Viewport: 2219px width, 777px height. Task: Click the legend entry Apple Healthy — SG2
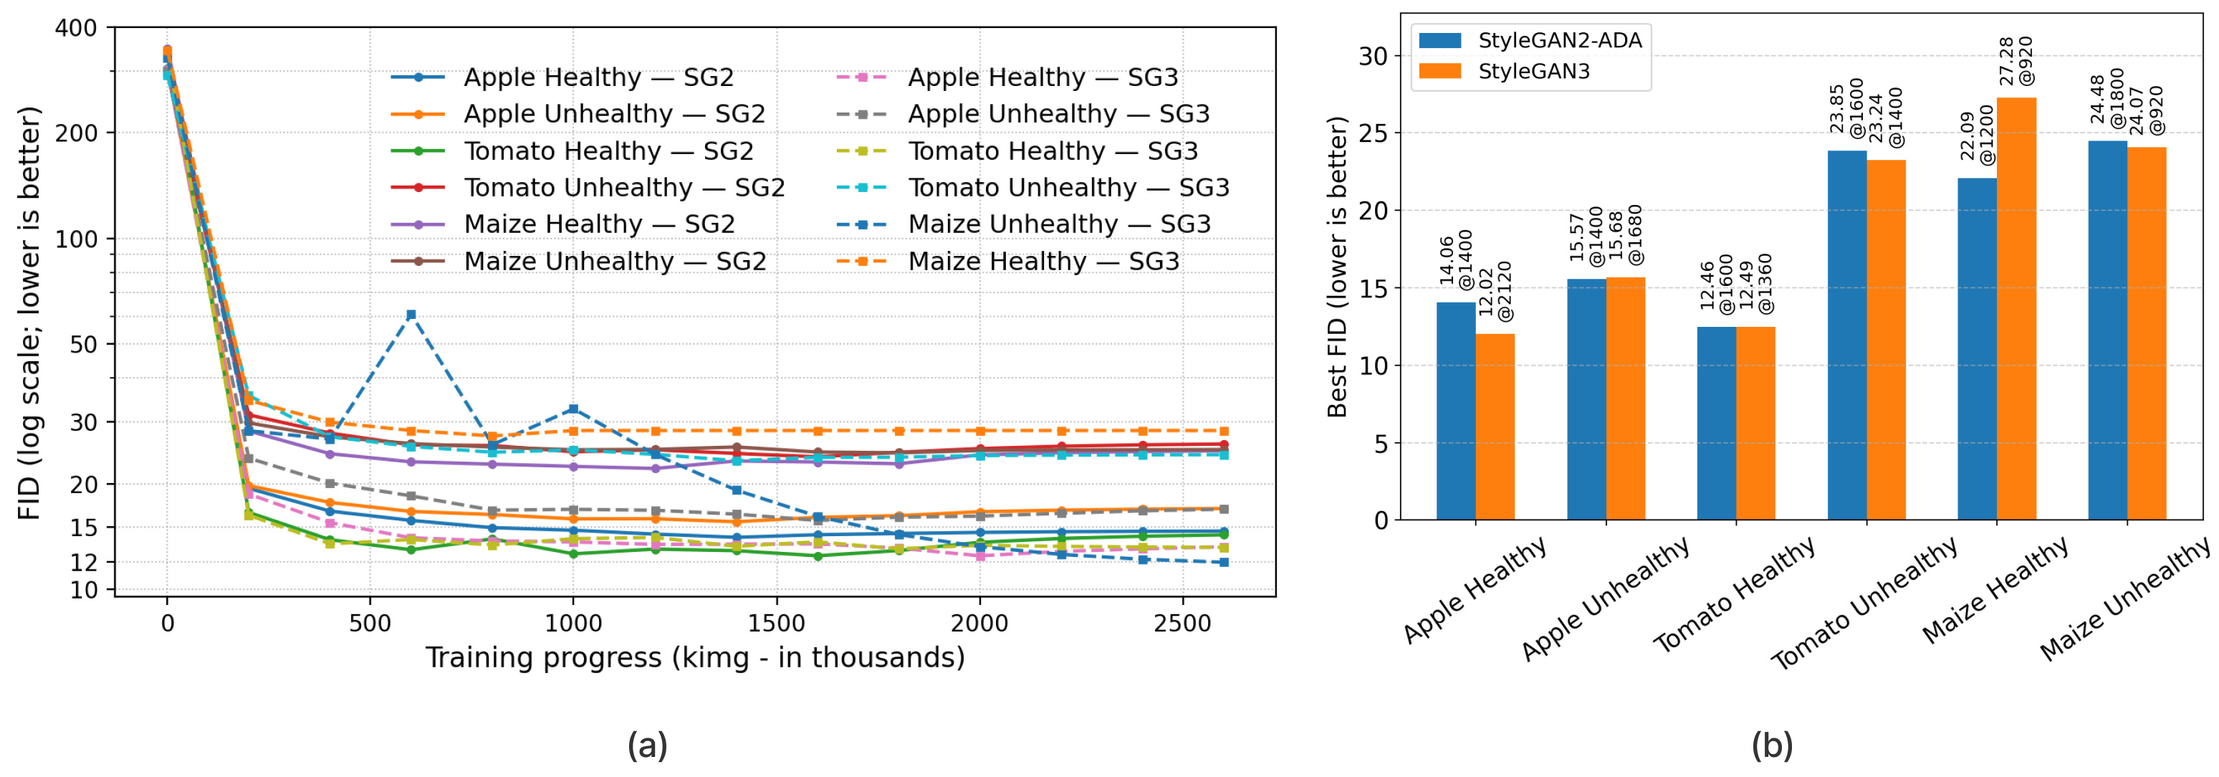click(598, 77)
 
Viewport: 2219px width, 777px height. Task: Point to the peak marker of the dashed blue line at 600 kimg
click(411, 315)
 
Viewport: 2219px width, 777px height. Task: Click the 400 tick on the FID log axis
click(76, 29)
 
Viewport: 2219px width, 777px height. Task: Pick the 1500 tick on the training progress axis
click(776, 623)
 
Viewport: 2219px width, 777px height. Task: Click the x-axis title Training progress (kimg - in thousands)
click(694, 658)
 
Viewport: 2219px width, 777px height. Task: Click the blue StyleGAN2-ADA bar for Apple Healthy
click(1456, 411)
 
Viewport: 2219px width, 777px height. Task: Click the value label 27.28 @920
click(2015, 60)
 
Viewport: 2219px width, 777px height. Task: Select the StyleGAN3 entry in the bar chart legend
click(1533, 72)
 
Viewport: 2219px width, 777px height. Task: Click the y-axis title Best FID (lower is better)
click(1336, 267)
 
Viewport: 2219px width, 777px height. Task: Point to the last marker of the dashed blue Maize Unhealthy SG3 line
click(1223, 563)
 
